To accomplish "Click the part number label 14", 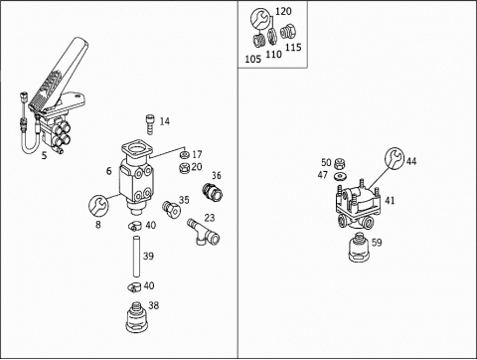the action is [x=164, y=121].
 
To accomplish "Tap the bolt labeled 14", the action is [x=150, y=124].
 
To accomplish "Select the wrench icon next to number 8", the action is [x=98, y=205].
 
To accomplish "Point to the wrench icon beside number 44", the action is [x=395, y=157].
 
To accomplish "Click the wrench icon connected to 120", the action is [x=260, y=19].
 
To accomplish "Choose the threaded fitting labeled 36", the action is [x=212, y=192].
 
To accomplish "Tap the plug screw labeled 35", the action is [x=171, y=210].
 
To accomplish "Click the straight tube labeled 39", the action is [x=136, y=256].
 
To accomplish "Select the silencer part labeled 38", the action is [x=136, y=316].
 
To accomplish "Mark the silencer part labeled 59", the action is [x=359, y=247].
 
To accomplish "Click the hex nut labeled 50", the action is [x=339, y=163].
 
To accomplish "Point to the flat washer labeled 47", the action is [x=339, y=176].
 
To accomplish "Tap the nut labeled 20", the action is [x=183, y=168].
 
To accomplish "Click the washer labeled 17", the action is [x=184, y=155].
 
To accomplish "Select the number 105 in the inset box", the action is [x=253, y=59].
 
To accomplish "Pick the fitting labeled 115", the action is [x=287, y=32].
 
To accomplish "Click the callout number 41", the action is [x=390, y=200].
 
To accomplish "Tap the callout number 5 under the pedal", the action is [x=45, y=155].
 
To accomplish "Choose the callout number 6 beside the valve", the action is [x=109, y=171].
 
